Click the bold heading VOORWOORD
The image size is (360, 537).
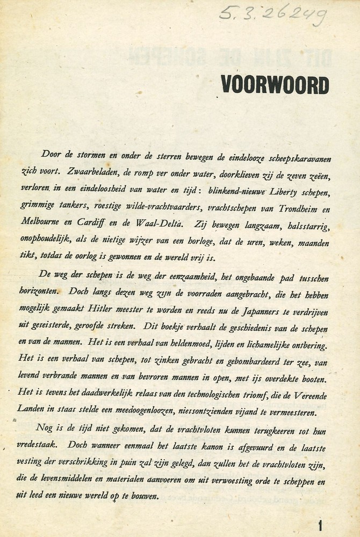pos(274,84)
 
